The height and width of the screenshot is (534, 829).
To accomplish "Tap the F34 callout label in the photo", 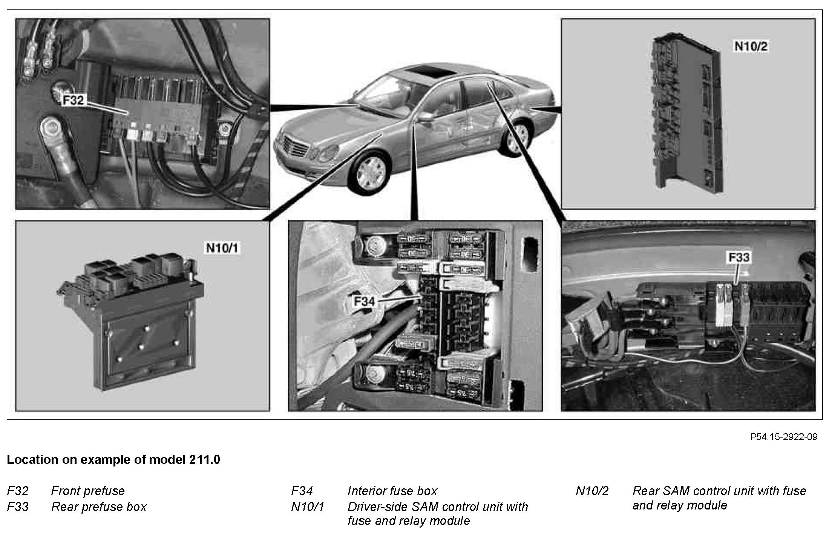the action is tap(365, 302).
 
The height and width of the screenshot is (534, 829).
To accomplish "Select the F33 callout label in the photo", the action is tap(739, 258).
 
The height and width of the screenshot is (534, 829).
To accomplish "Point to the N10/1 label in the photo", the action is tap(222, 248).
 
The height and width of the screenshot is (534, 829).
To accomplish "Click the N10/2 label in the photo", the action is tap(751, 46).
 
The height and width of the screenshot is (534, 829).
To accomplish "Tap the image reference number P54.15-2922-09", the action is tap(784, 437).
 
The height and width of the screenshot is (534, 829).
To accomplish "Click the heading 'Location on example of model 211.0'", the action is tap(113, 460).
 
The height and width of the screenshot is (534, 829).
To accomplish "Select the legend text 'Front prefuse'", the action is tap(88, 491).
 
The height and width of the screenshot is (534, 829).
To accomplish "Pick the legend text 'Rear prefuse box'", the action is tap(99, 507).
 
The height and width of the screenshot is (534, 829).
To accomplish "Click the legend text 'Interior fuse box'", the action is tap(392, 491).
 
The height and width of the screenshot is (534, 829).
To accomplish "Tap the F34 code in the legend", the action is tap(302, 491).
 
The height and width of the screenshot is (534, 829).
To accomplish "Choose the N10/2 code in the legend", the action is tap(592, 491).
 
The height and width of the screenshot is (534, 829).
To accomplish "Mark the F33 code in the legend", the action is tap(18, 506).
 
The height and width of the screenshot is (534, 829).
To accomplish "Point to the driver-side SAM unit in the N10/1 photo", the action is tap(130, 321).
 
